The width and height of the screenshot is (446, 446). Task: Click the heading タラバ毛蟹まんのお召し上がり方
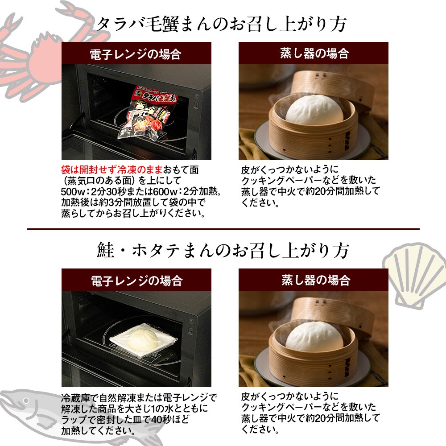222,24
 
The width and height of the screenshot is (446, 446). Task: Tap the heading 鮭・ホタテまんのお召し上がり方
223,251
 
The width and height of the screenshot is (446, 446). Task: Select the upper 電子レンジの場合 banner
136,53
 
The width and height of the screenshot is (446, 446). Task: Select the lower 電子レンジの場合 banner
136,280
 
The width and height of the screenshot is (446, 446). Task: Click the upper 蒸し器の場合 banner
314,53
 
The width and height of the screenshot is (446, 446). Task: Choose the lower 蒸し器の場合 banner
314,280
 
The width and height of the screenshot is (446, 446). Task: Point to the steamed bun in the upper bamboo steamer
314,110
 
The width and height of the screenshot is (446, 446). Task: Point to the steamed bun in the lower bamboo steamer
314,336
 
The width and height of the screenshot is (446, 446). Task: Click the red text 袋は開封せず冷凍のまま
112,170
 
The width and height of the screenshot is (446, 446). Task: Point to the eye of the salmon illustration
26,401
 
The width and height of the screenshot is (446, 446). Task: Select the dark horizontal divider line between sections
223,229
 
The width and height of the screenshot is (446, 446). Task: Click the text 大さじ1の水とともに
162,409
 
